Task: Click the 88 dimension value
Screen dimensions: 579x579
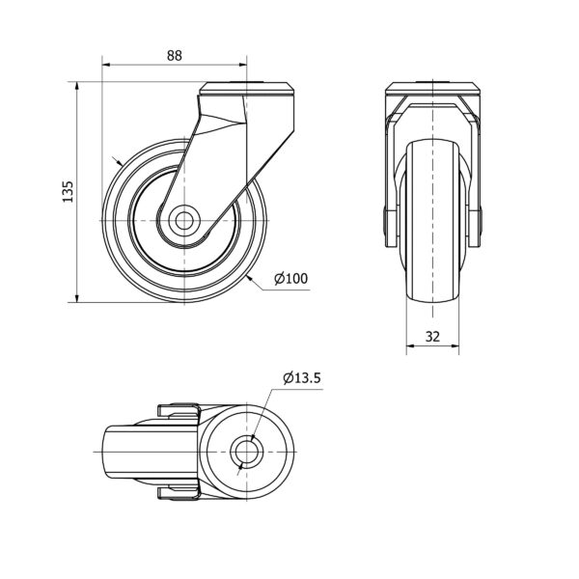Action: [175, 55]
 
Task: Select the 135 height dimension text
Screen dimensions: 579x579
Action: [68, 191]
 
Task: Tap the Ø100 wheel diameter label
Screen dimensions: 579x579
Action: [291, 279]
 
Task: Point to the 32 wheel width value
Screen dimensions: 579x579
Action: [432, 337]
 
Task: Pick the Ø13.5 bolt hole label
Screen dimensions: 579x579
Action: [302, 377]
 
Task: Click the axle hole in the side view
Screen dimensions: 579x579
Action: [184, 220]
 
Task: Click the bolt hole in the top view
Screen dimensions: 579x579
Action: [246, 452]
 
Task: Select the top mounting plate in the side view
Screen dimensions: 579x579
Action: [247, 89]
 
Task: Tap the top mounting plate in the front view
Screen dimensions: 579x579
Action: [432, 89]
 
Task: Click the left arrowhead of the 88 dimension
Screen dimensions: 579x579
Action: [106, 65]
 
